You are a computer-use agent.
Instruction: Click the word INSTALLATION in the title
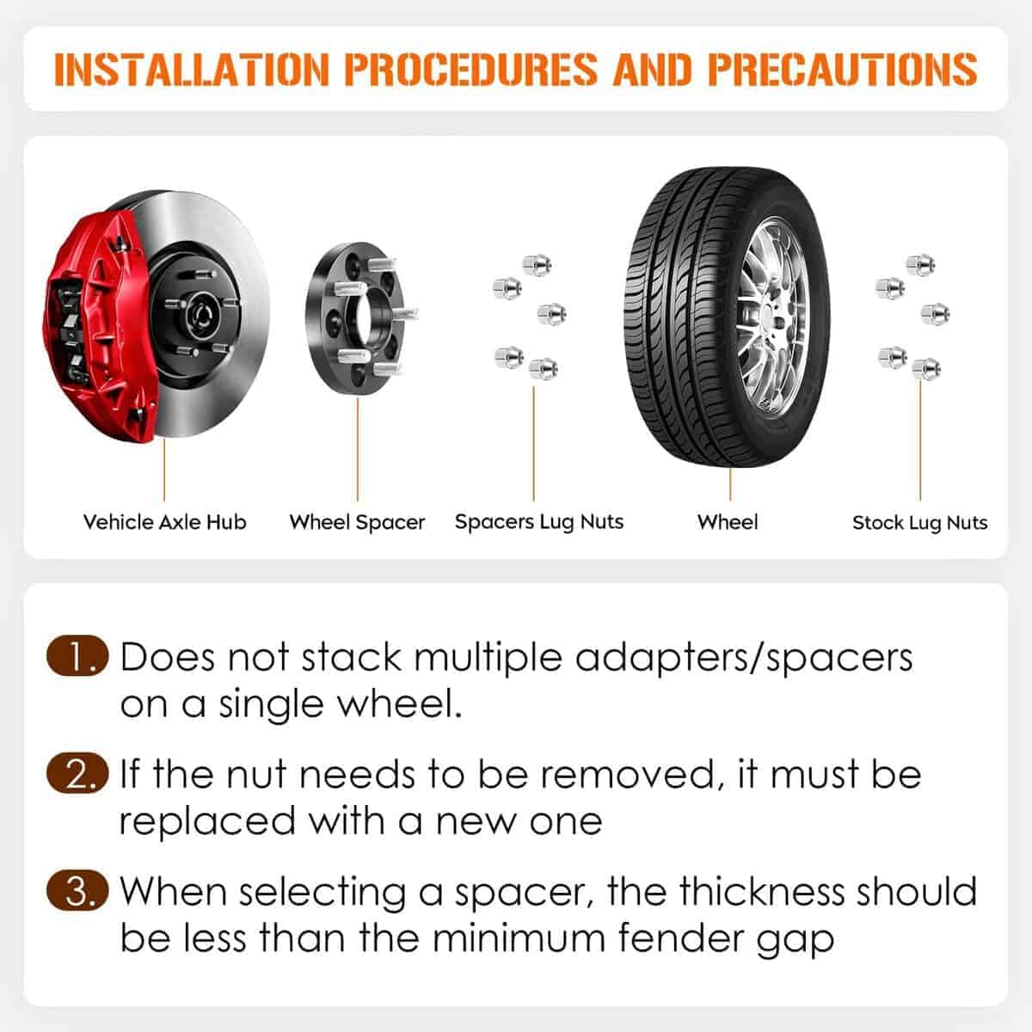(191, 69)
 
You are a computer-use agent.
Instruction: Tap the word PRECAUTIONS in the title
(843, 69)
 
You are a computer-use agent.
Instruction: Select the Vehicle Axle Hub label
(164, 522)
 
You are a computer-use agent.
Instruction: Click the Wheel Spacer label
(357, 522)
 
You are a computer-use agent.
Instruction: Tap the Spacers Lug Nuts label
(539, 522)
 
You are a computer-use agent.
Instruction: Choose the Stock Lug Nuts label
(920, 523)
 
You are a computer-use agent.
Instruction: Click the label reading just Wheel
(728, 522)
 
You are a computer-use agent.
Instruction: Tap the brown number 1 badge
(77, 655)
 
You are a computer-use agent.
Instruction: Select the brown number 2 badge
(77, 773)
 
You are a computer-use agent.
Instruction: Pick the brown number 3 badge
(77, 891)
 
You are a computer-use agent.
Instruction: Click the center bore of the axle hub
(202, 315)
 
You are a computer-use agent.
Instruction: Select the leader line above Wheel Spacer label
(358, 450)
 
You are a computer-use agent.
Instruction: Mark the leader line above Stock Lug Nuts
(920, 440)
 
